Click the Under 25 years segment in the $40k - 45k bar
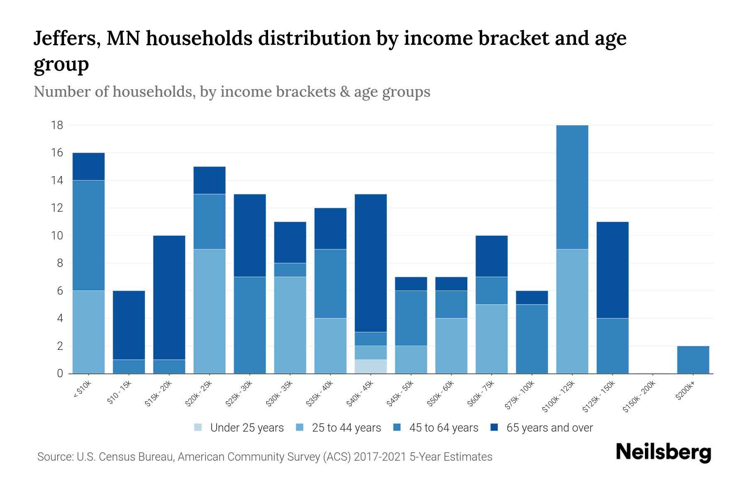click(371, 366)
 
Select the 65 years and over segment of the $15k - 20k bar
click(169, 298)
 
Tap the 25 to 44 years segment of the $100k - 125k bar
click(572, 311)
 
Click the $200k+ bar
click(693, 360)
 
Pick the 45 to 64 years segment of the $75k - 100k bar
click(532, 339)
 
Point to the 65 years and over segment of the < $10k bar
click(88, 166)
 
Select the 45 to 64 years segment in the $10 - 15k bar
click(129, 366)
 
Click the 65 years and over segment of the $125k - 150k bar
click(613, 270)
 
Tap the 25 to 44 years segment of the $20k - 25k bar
click(210, 311)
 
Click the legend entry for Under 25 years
click(247, 428)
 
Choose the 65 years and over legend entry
click(549, 428)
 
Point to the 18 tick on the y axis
click(57, 125)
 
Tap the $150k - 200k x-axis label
click(640, 396)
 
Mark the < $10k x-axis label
click(82, 390)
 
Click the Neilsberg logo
click(663, 452)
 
